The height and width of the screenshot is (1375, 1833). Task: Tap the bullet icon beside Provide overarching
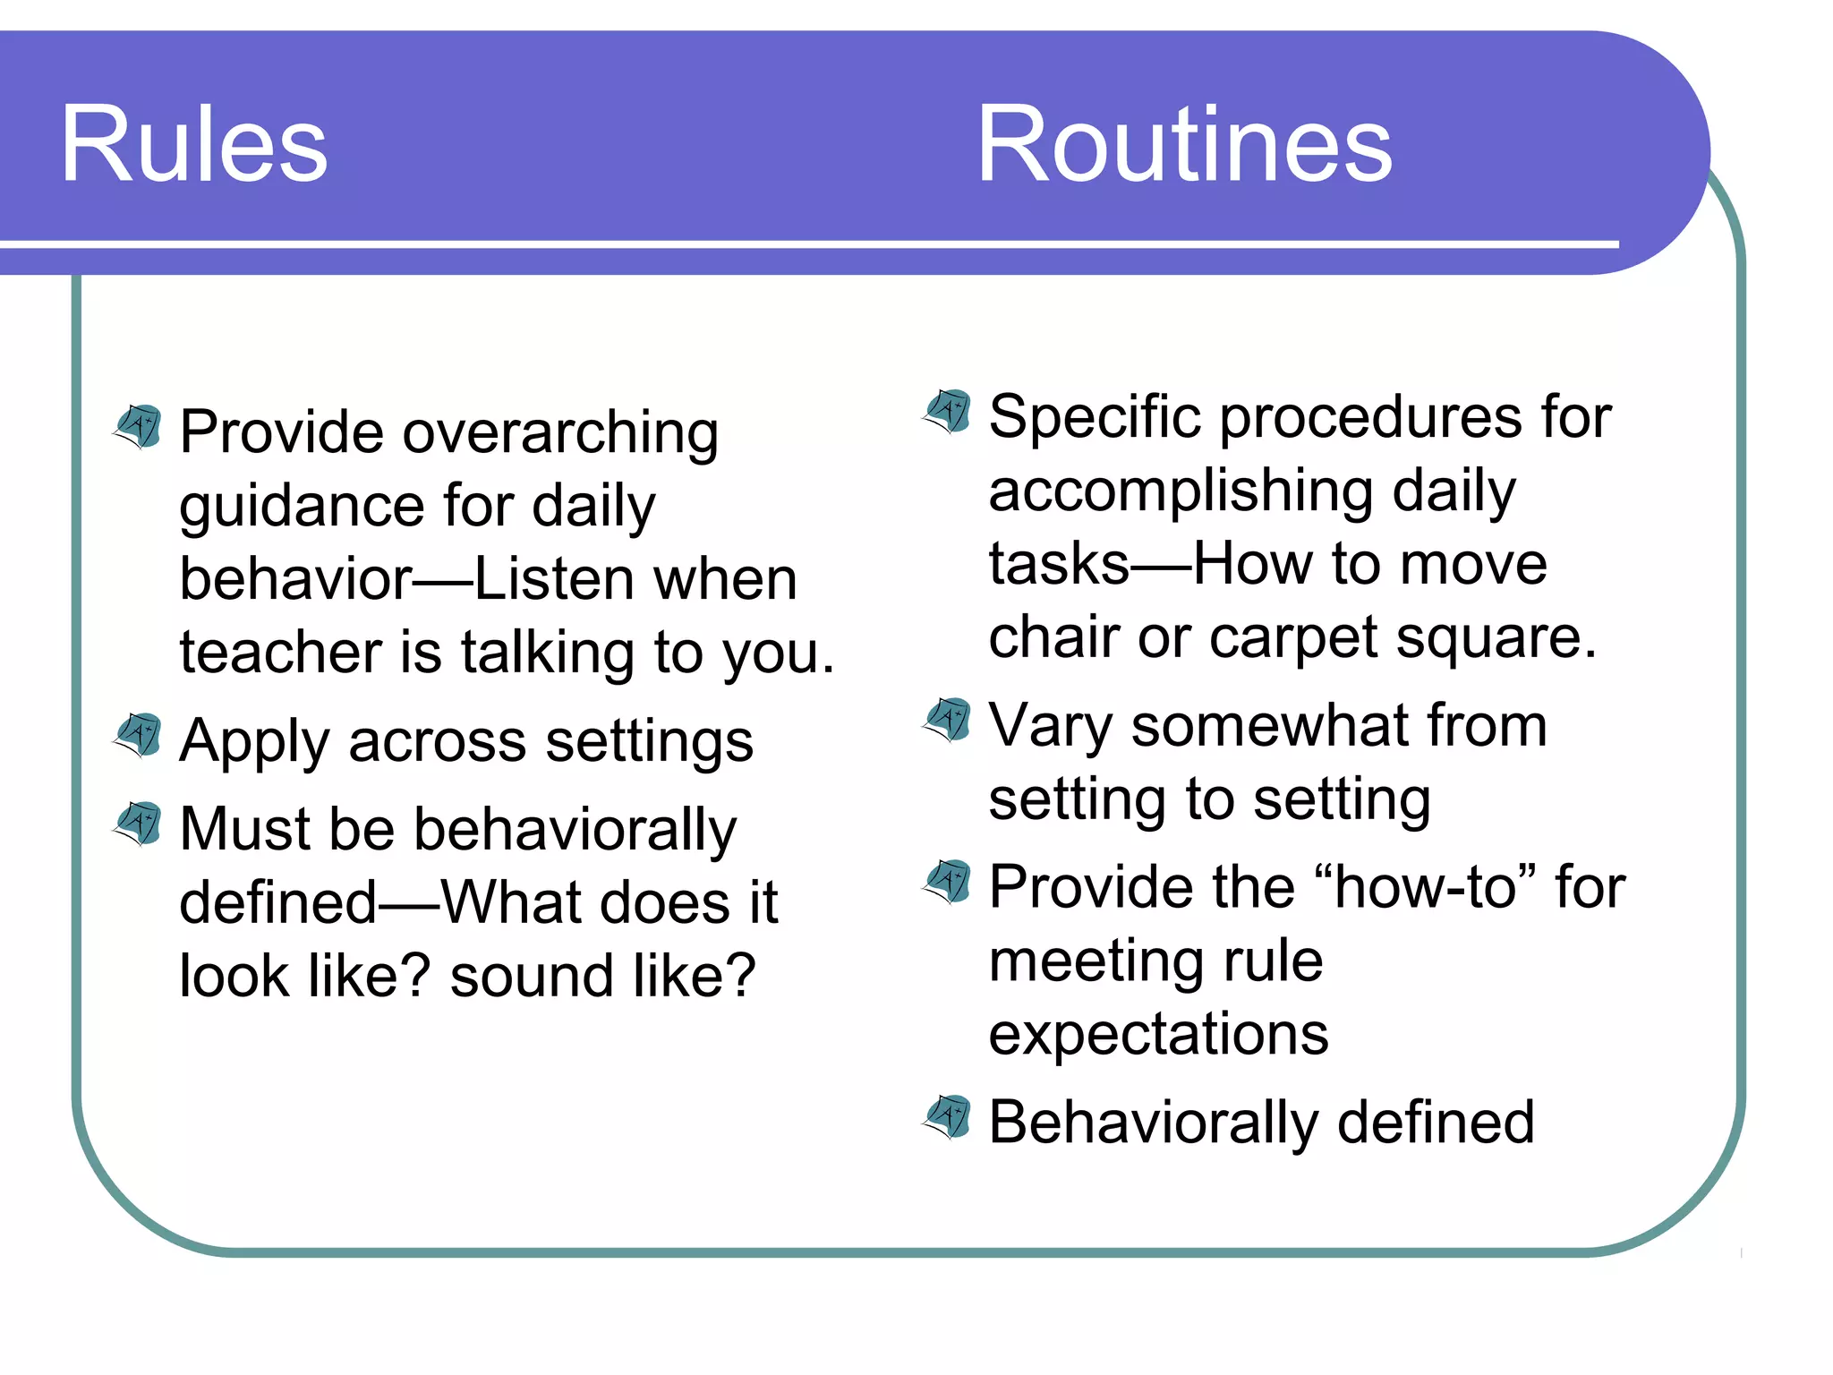click(139, 426)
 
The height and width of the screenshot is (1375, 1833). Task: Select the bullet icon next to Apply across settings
click(139, 735)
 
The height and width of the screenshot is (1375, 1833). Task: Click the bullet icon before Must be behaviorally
click(139, 824)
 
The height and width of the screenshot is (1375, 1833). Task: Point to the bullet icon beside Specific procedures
click(948, 411)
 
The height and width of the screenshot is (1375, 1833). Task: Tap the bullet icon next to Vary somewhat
click(948, 720)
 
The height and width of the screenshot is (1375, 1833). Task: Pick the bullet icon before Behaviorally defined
click(948, 1117)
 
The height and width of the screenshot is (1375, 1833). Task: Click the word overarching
click(560, 433)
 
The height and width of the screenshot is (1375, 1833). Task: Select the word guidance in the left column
click(302, 507)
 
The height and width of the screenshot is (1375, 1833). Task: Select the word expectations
click(1158, 1035)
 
